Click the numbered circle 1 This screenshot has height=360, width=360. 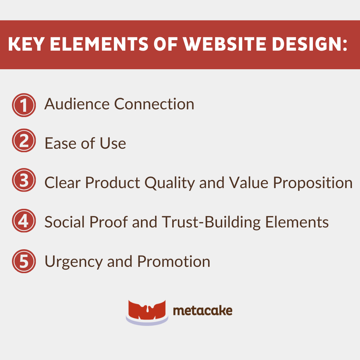pos(24,105)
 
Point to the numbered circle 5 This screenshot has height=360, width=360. pos(24,261)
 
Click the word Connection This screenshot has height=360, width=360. pos(154,104)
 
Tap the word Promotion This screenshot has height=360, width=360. pos(174,262)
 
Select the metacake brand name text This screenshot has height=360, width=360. pos(202,311)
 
